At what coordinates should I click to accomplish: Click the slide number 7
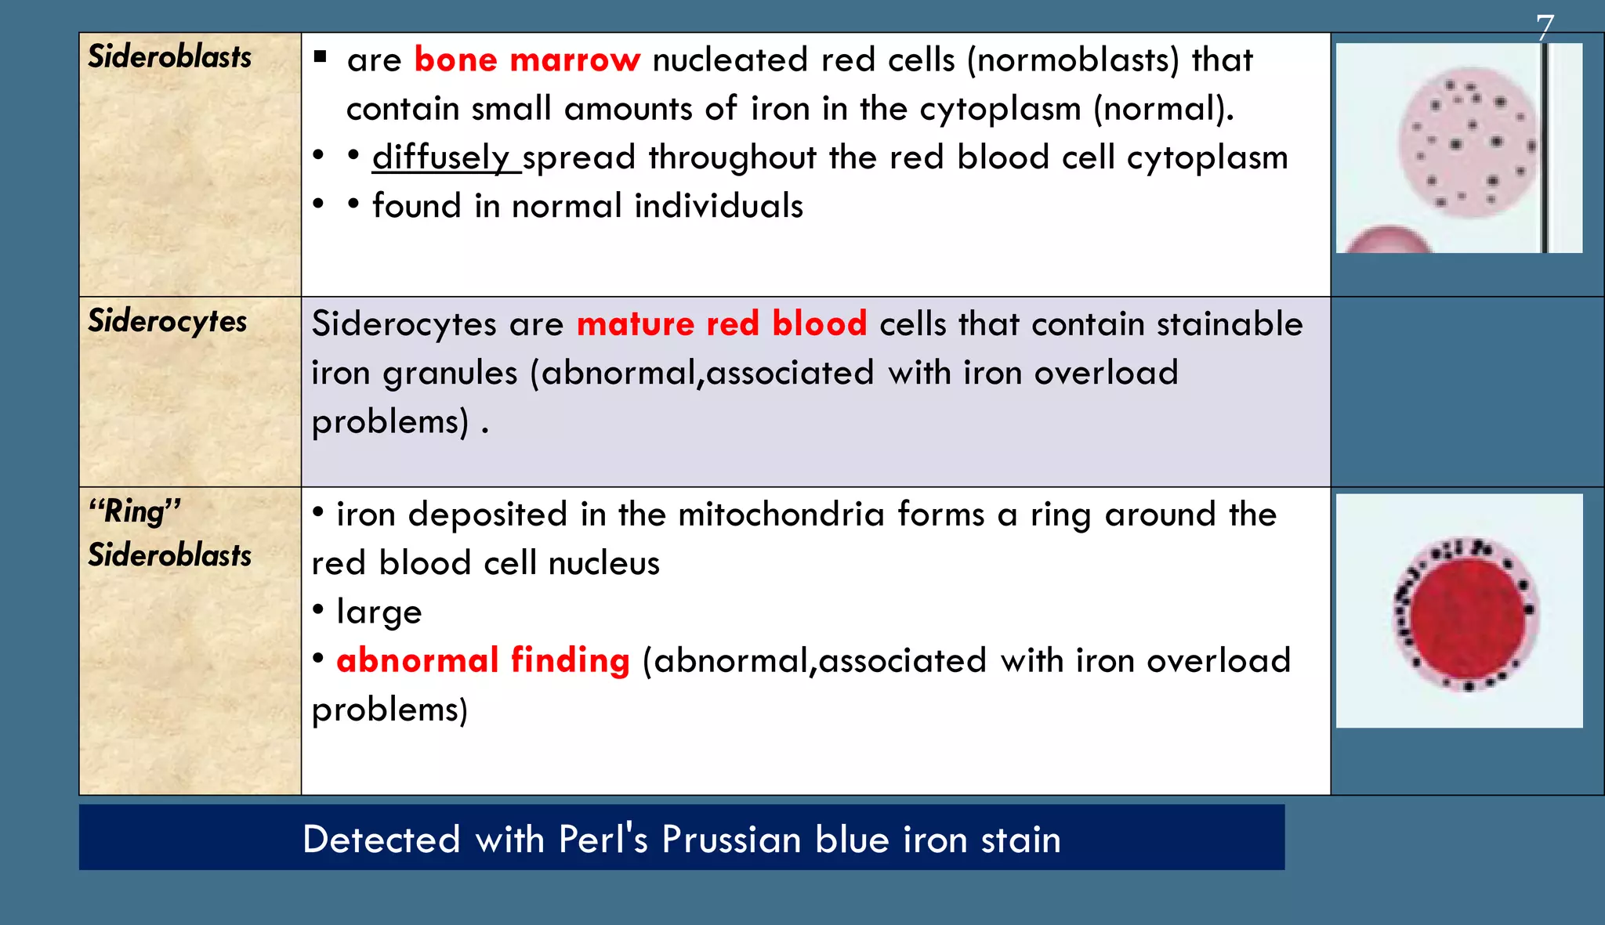(x=1544, y=28)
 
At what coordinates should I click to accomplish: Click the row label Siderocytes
(x=167, y=321)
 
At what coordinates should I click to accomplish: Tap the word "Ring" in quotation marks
(x=135, y=511)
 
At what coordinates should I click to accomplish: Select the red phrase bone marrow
(x=527, y=60)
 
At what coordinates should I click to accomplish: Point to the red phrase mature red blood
(x=721, y=324)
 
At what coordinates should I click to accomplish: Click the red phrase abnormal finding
(x=483, y=660)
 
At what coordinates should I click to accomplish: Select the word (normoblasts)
(x=1073, y=60)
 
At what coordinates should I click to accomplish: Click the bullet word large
(x=379, y=612)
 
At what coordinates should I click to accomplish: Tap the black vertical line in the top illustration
(x=1544, y=149)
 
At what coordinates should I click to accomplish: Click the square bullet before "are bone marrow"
(x=320, y=56)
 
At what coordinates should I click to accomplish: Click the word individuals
(x=719, y=206)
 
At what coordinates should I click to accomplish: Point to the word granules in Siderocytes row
(x=450, y=373)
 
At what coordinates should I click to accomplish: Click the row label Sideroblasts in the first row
(x=169, y=56)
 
